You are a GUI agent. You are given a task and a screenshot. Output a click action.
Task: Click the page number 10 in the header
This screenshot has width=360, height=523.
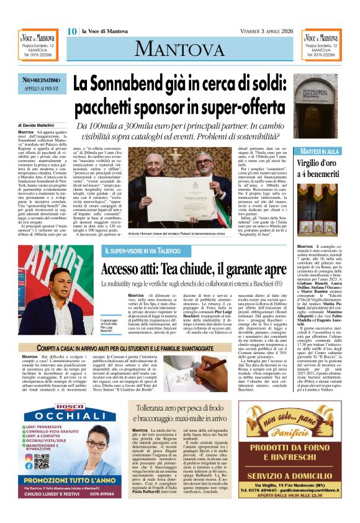click(71, 31)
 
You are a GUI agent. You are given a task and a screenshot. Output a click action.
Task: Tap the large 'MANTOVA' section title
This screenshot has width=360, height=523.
click(179, 48)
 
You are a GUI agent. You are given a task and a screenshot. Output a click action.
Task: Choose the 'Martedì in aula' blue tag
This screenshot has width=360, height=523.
click(319, 152)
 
